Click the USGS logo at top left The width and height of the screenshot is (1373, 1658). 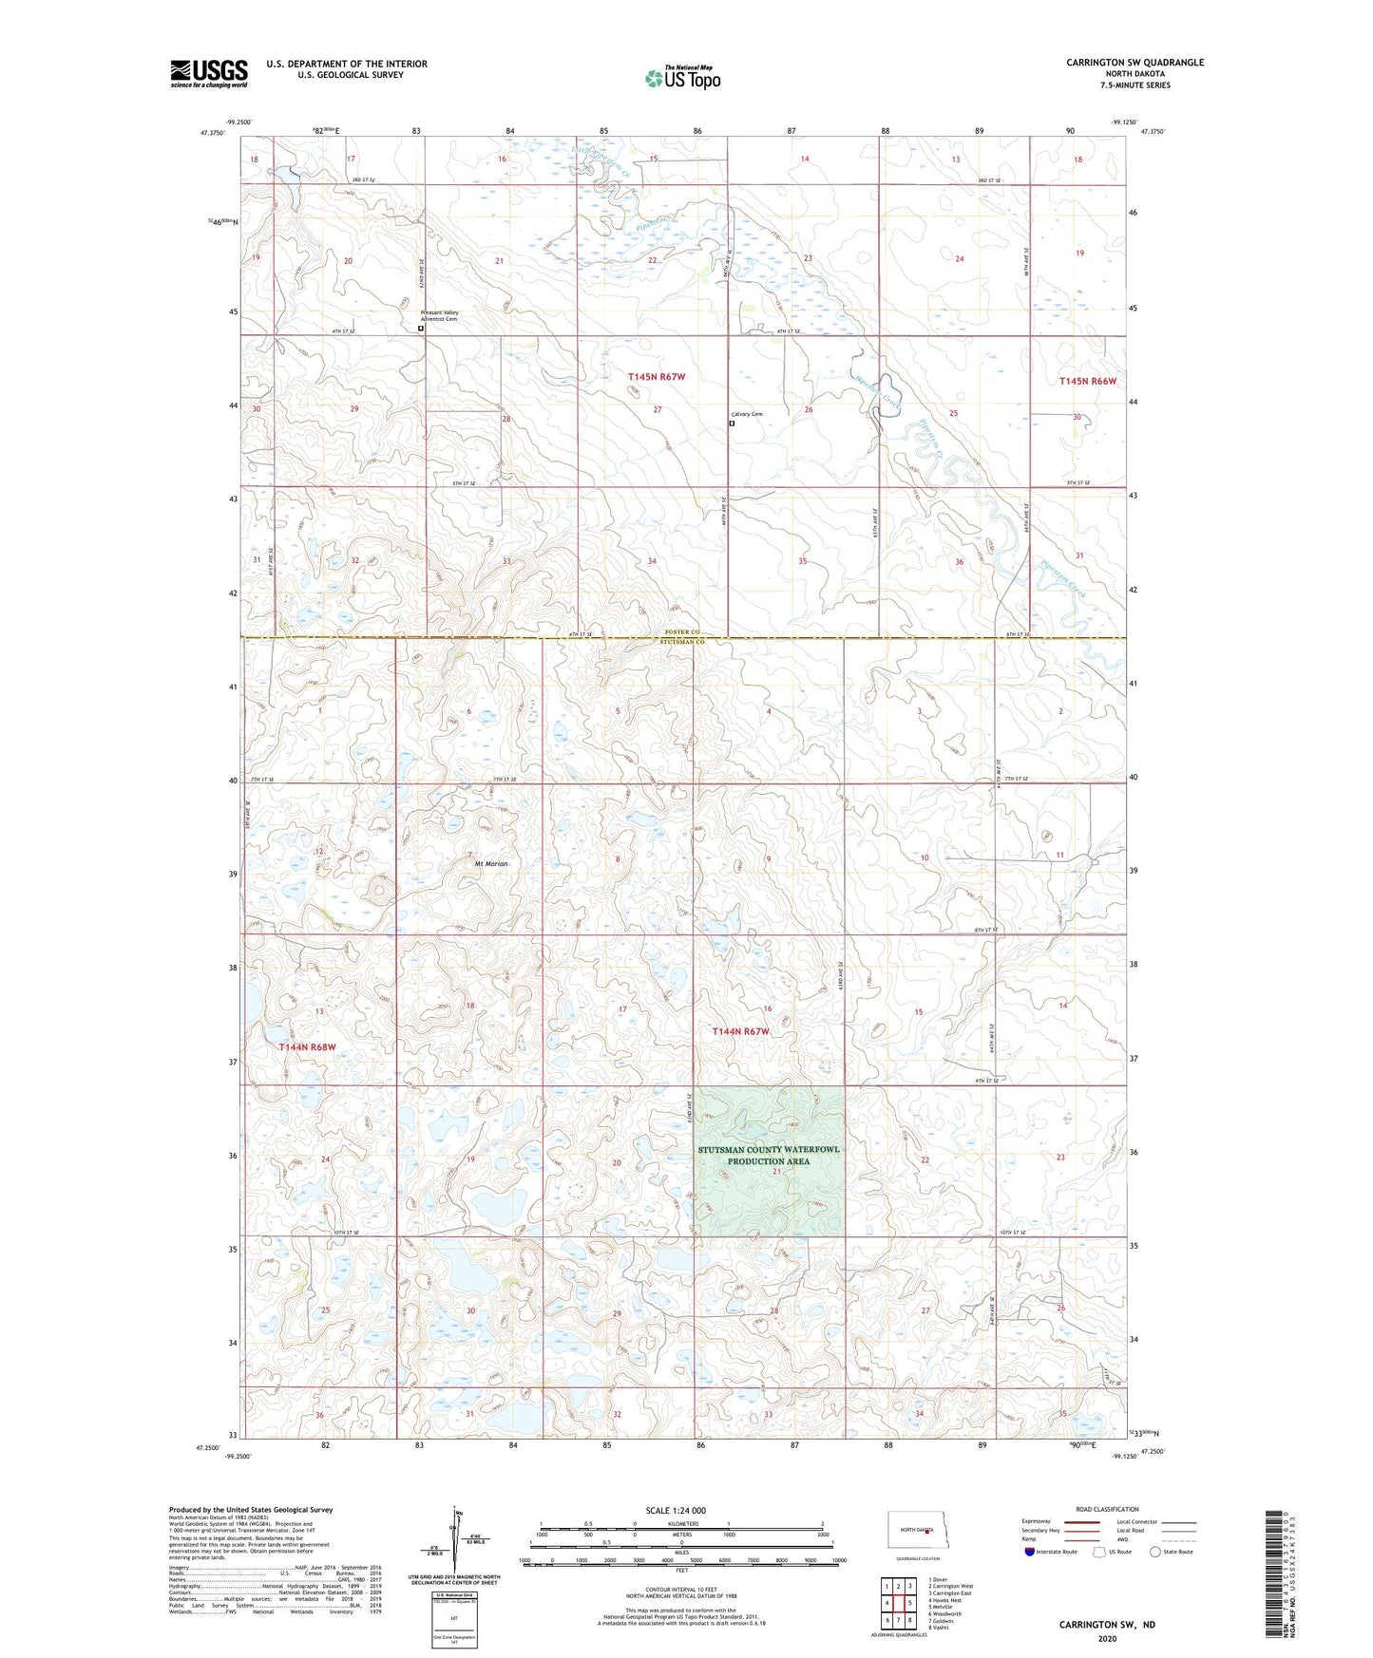(208, 73)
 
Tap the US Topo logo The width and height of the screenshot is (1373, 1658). (682, 78)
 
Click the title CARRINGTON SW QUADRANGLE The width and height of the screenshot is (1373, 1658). (1135, 63)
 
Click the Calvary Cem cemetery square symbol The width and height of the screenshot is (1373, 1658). (731, 424)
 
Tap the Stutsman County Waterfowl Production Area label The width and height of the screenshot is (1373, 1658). (769, 1155)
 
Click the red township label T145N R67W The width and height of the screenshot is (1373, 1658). (656, 377)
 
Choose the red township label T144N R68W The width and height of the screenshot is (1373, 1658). (307, 1046)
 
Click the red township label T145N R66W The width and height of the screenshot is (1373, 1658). (1087, 381)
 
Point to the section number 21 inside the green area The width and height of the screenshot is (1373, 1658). (776, 1172)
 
